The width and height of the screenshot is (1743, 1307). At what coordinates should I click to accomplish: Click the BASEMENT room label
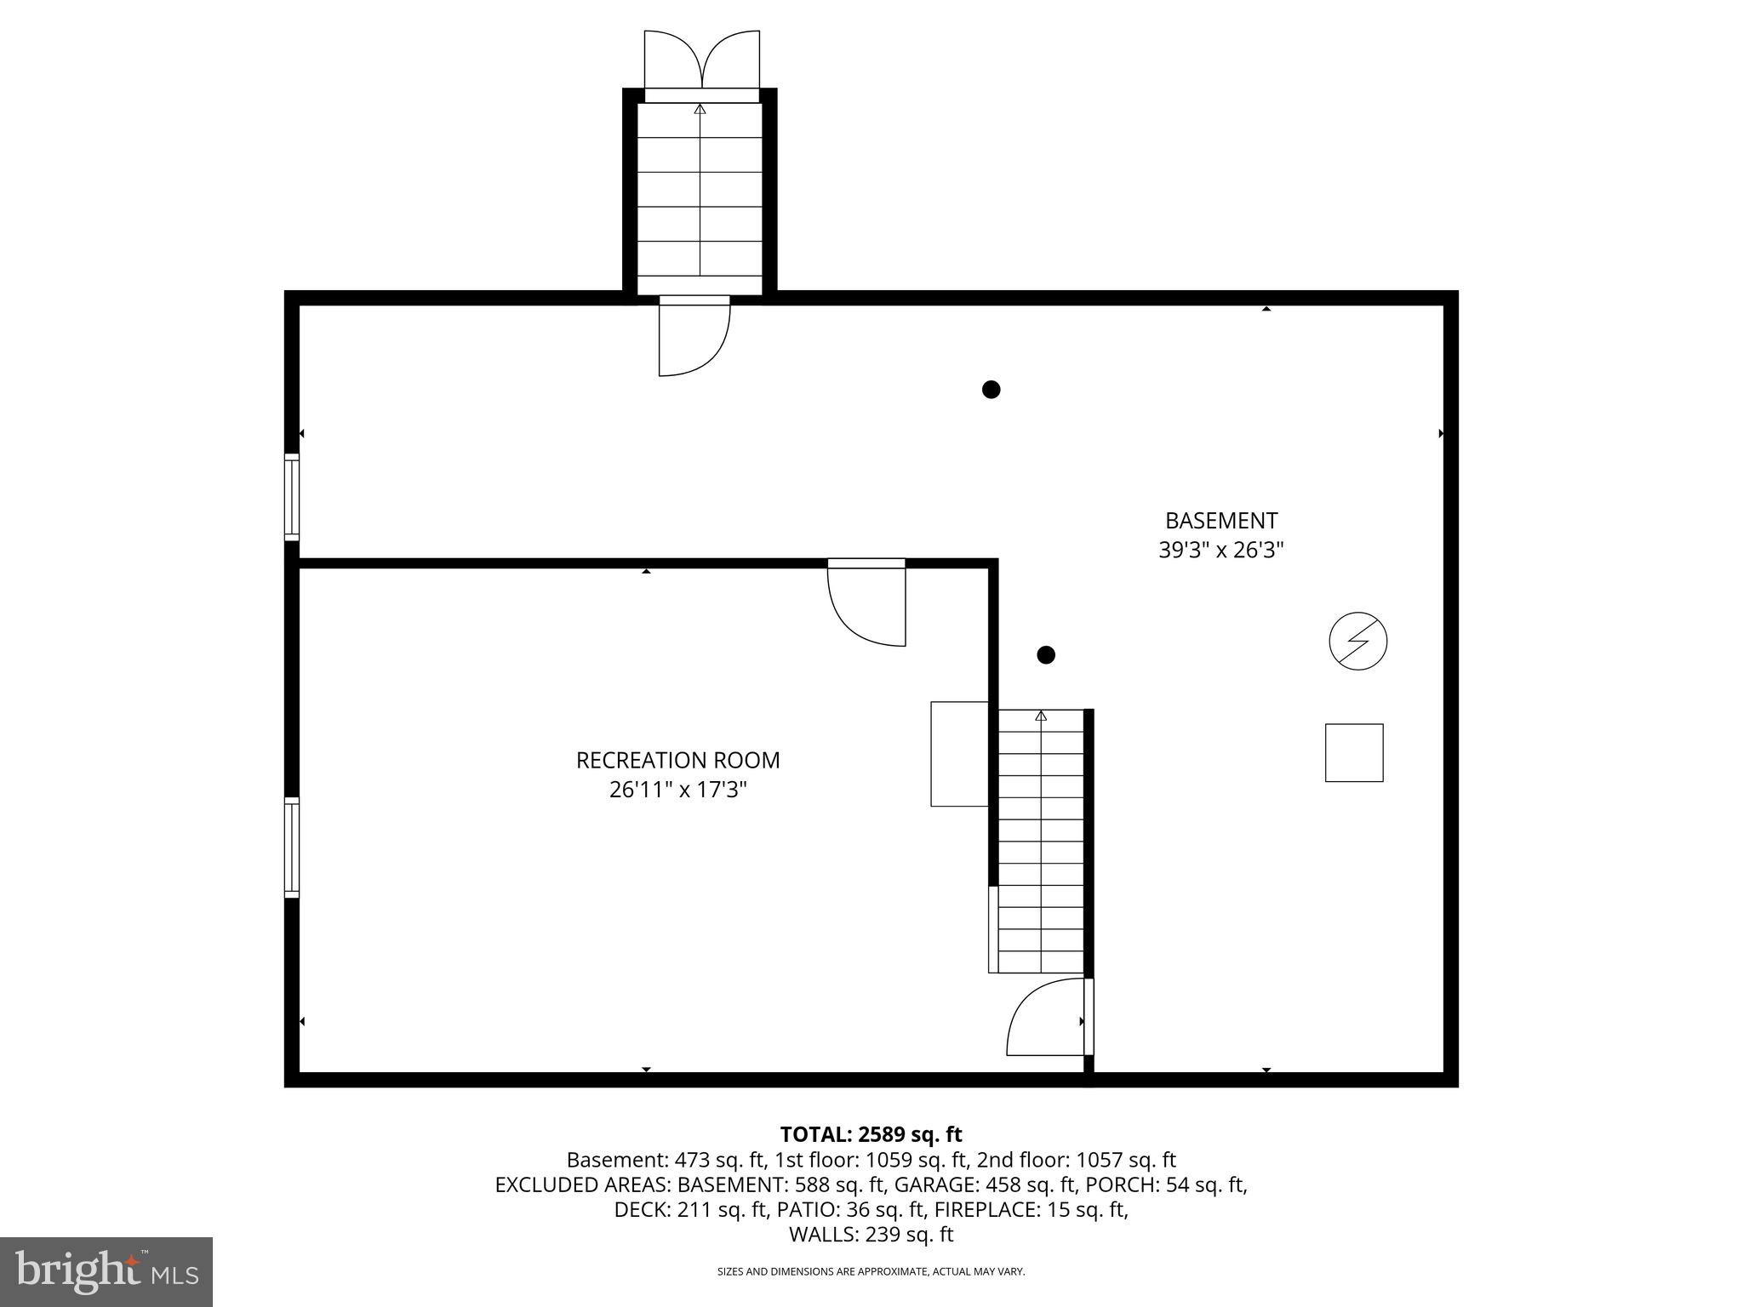1220,521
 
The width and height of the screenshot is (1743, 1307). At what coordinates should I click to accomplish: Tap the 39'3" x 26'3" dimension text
1220,551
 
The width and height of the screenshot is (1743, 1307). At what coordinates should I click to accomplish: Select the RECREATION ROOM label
677,760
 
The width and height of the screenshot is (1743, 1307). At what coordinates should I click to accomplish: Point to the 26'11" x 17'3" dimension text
677,790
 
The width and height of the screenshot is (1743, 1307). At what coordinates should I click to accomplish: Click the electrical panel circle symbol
1357,641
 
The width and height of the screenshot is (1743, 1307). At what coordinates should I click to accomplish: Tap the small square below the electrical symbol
1353,752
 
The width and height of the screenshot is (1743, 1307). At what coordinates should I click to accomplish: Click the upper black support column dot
991,390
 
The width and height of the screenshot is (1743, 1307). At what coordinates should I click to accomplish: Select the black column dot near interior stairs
1046,654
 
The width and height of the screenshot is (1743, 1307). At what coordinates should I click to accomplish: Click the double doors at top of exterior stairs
701,60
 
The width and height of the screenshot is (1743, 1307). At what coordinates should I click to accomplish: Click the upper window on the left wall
292,497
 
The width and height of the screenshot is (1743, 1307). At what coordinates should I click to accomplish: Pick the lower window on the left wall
292,847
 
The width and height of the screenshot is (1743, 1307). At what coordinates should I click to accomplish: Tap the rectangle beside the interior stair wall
959,753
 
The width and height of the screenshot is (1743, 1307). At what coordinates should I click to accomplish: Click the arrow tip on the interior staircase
1040,716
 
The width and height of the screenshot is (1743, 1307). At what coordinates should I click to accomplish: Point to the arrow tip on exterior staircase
700,109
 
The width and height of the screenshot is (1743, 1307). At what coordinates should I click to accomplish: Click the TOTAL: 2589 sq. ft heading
871,1134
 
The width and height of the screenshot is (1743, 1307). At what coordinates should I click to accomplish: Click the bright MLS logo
106,1271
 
